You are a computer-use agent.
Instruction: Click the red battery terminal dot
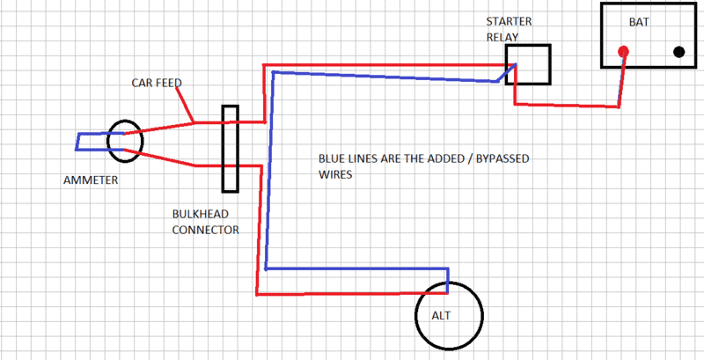click(x=623, y=51)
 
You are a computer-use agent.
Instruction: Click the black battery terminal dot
click(x=678, y=51)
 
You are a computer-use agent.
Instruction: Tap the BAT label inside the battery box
click(x=639, y=21)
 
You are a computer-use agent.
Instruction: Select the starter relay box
click(x=529, y=65)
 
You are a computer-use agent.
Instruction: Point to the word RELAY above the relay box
click(x=502, y=37)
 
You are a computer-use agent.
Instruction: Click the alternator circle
click(x=449, y=315)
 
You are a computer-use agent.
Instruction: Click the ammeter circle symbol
click(x=124, y=141)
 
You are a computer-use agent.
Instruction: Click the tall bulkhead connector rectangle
click(x=231, y=149)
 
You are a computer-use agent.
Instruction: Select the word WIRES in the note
click(x=334, y=175)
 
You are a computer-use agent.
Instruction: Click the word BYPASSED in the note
click(x=503, y=161)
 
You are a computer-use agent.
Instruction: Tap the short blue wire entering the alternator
click(x=448, y=280)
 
